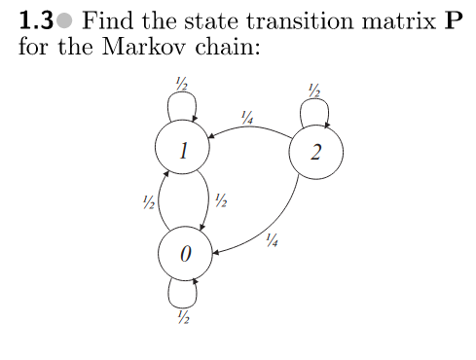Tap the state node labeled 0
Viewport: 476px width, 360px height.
coord(186,253)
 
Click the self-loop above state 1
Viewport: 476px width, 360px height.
coord(180,105)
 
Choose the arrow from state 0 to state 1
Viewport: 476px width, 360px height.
coord(160,202)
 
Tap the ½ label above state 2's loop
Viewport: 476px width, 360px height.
coord(312,90)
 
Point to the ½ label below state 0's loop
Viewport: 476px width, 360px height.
coord(182,316)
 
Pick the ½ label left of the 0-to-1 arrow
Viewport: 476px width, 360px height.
coord(146,202)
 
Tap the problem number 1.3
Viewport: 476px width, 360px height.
coord(36,21)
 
